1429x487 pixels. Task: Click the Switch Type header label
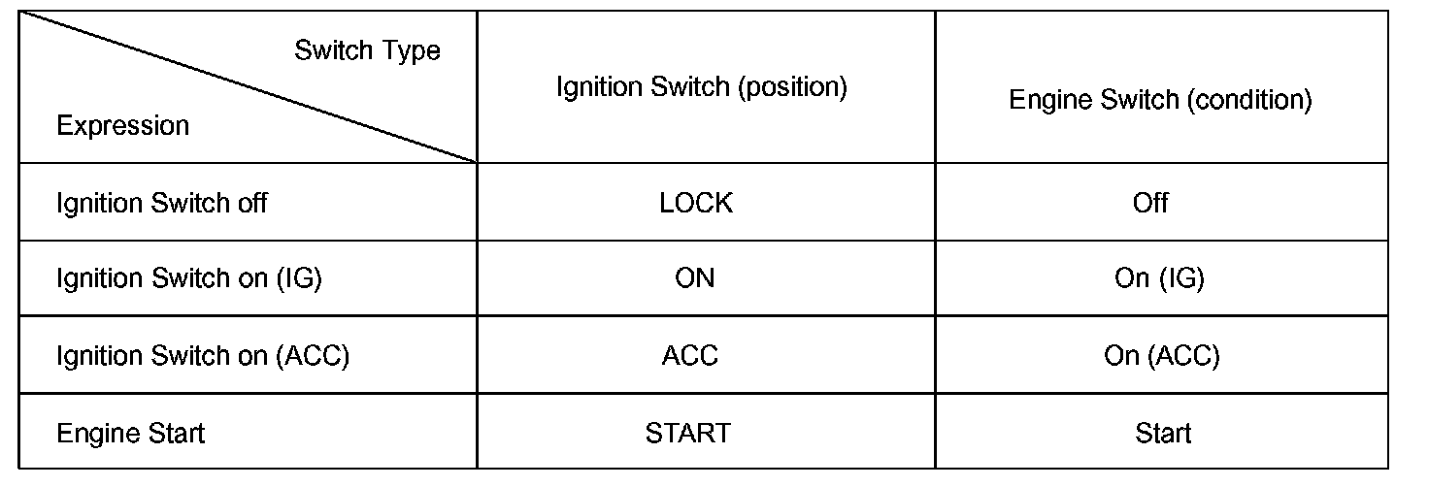coord(367,50)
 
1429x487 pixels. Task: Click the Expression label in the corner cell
coord(123,126)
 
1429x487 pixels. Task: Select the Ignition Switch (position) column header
coord(702,87)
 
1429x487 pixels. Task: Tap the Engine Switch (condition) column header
coord(1160,100)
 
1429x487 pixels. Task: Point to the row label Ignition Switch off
coord(162,203)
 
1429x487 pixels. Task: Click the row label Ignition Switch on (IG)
coord(189,278)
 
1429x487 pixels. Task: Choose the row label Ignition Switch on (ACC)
coord(203,355)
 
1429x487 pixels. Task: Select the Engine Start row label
coord(131,432)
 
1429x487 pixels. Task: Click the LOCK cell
coord(695,203)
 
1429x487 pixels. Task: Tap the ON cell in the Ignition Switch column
coord(694,278)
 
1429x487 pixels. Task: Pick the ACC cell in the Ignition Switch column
coord(690,355)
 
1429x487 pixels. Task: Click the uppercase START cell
coord(687,432)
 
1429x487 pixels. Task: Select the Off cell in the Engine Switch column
coord(1150,203)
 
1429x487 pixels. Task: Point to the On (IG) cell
coord(1159,278)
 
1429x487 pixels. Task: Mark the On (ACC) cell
coord(1161,355)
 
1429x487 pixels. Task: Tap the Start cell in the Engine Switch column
coord(1162,432)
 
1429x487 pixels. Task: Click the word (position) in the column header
coord(792,87)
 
